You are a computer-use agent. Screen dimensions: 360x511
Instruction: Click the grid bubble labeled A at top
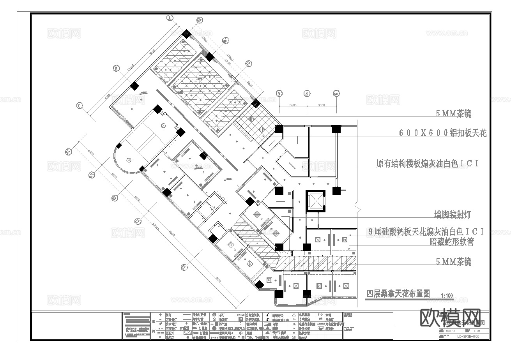(170, 18)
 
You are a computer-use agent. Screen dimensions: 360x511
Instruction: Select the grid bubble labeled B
(116, 68)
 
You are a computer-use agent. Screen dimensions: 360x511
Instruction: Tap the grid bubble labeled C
(79, 105)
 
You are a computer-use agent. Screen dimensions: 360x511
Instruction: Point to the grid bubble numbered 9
(279, 94)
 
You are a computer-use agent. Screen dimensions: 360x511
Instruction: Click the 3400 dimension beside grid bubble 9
(293, 105)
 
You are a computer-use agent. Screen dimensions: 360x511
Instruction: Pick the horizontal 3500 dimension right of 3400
(321, 105)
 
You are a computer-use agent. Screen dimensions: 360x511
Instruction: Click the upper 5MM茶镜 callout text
(453, 114)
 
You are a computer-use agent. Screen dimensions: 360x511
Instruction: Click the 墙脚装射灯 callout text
(453, 215)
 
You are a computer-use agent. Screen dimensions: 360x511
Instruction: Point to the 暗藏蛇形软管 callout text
(451, 242)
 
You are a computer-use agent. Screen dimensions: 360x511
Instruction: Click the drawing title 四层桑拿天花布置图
(398, 293)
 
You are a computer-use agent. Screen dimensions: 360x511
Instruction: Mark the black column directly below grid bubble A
(186, 34)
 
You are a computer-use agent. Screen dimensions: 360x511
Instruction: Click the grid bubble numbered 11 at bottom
(184, 267)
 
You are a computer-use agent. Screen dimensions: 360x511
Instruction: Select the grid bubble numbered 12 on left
(137, 221)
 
